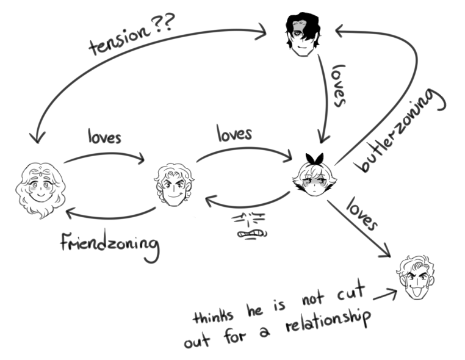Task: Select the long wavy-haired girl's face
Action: [x=40, y=189]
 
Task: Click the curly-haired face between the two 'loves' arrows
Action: [x=174, y=185]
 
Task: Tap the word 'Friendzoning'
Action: [x=110, y=245]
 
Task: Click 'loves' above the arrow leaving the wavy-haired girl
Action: [x=104, y=137]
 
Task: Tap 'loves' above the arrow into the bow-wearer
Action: [x=234, y=134]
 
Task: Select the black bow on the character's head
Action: [x=314, y=159]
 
